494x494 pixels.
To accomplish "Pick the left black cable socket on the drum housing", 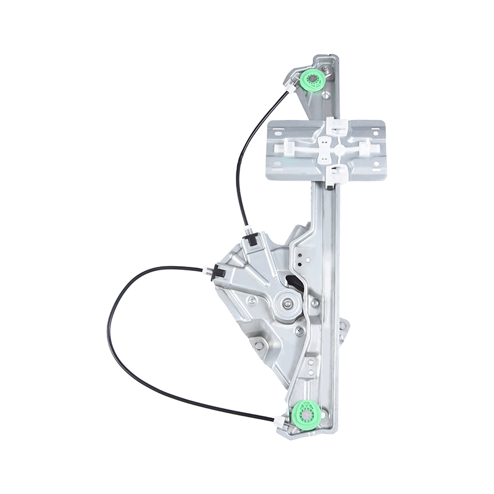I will pos(218,270).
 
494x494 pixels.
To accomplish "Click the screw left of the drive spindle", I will pos(252,301).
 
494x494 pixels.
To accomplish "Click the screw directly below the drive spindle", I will pos(299,332).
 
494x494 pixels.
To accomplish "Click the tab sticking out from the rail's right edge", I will pos(343,327).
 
